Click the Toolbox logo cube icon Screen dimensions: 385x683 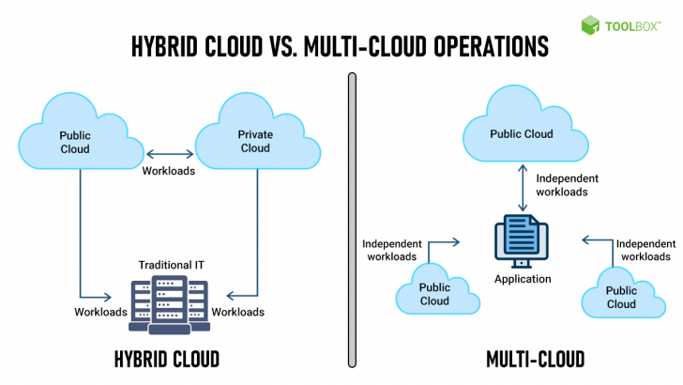tap(589, 24)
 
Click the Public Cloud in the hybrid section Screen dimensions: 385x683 tap(74, 141)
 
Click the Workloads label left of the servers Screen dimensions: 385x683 tap(100, 311)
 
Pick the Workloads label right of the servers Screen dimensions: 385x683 tap(238, 311)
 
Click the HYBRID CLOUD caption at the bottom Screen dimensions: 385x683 tap(166, 358)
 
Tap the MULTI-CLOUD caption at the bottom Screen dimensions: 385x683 tap(536, 358)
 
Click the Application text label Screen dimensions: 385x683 tap(522, 279)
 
